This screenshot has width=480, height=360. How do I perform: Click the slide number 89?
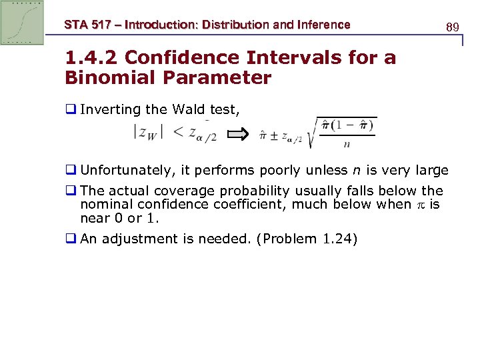click(453, 27)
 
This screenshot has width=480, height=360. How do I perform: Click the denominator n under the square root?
click(347, 144)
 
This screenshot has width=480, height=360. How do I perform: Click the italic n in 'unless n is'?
click(355, 170)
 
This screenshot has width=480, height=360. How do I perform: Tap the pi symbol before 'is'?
click(421, 204)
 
